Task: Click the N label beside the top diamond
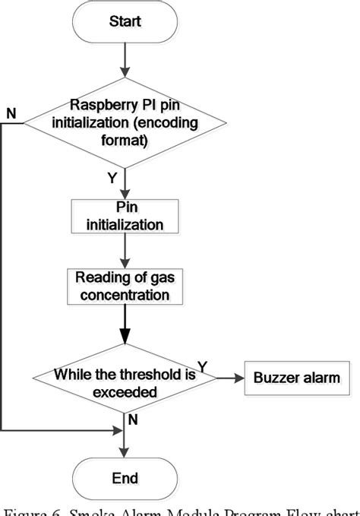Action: pyautogui.click(x=10, y=113)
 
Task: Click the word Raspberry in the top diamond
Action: pyautogui.click(x=100, y=105)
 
